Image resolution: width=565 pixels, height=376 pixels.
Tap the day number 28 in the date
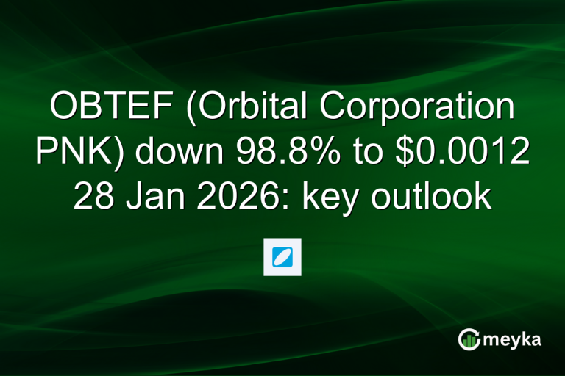tap(93, 197)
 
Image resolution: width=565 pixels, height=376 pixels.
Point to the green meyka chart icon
tap(468, 339)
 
